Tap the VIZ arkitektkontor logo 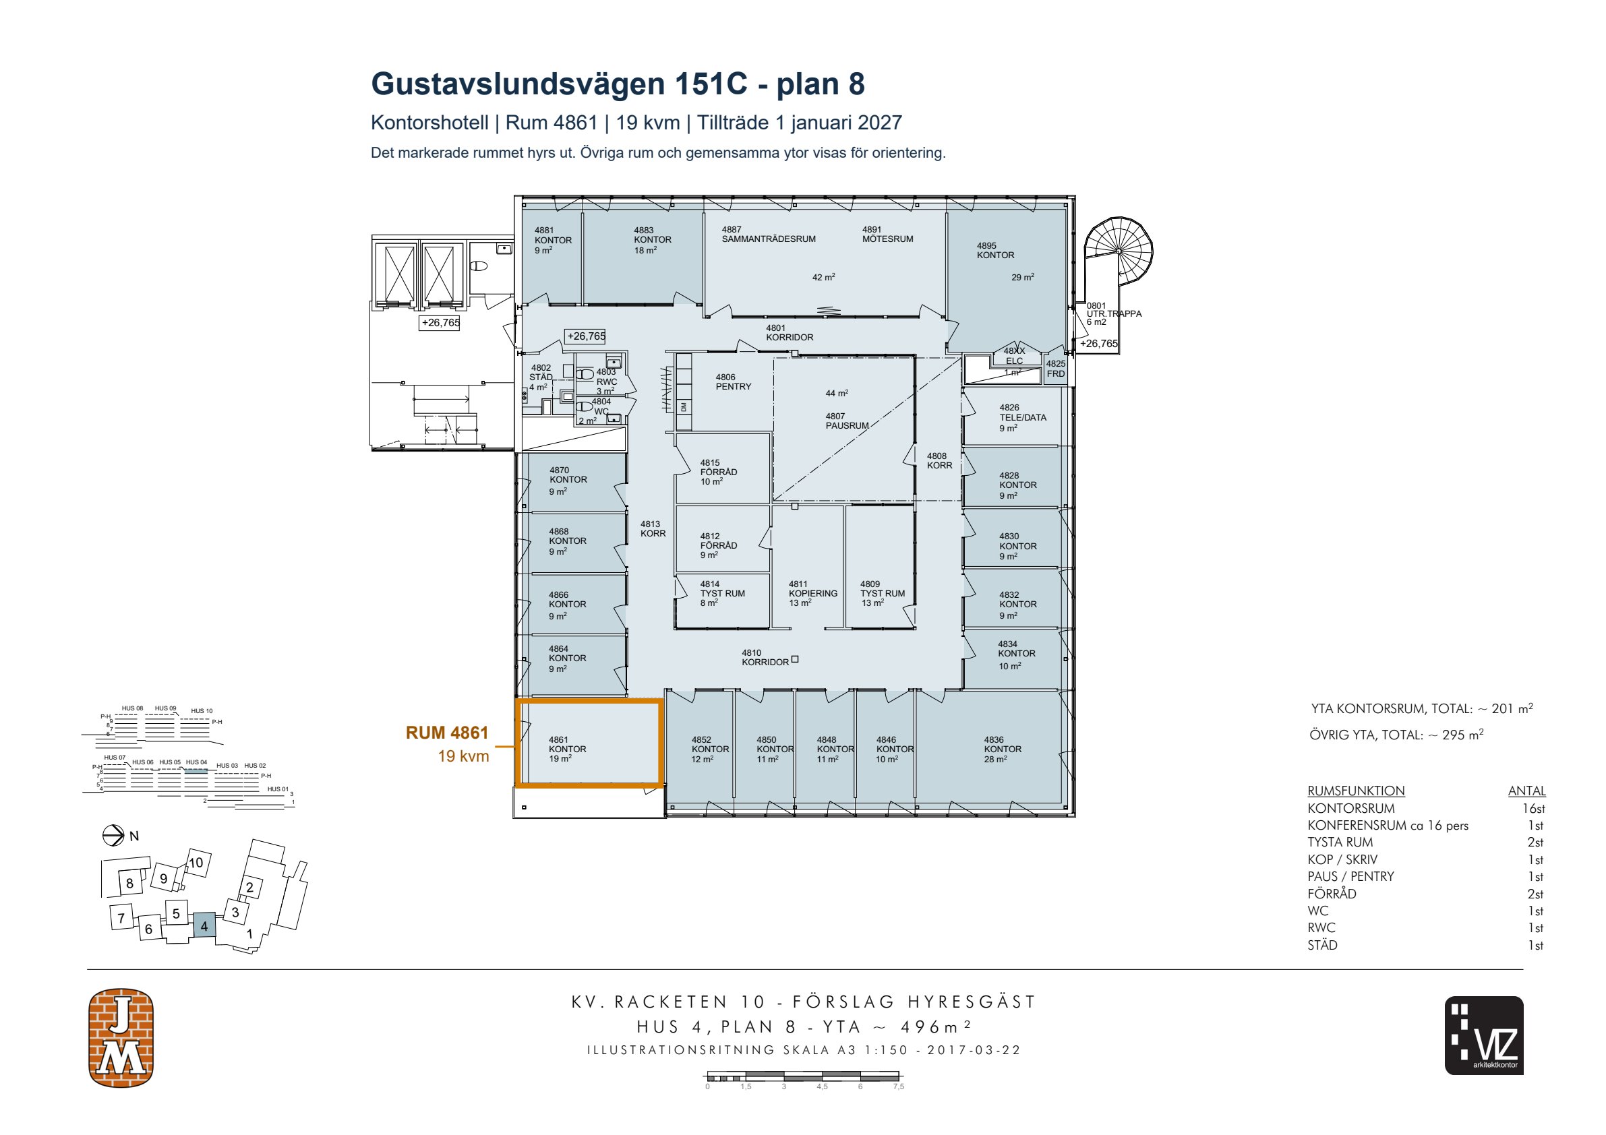[x=1483, y=1035]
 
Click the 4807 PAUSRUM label [x=847, y=421]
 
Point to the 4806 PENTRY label [x=733, y=382]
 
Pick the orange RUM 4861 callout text [x=447, y=732]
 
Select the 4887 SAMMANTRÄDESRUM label [x=769, y=235]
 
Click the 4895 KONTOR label [x=995, y=250]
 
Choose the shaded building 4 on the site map [x=204, y=926]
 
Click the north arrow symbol [x=113, y=836]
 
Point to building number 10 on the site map [x=196, y=862]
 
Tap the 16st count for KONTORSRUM [x=1533, y=808]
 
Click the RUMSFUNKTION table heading [x=1357, y=791]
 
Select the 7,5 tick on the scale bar [x=898, y=1086]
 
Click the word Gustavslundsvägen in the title [x=518, y=84]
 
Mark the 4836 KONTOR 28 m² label [x=1003, y=749]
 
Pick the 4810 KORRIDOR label [x=765, y=657]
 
